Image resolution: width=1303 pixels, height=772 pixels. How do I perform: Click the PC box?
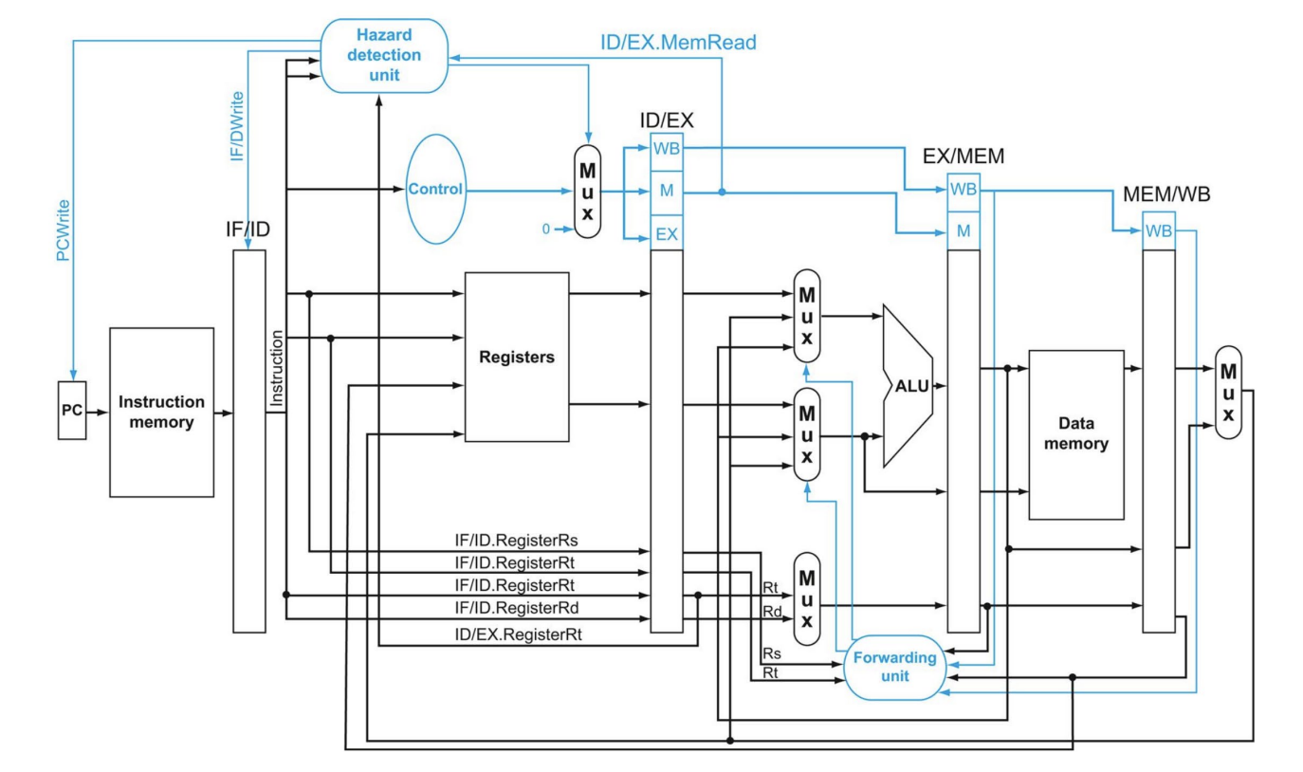[x=72, y=410]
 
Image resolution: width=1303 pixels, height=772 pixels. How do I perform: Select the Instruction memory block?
[x=162, y=412]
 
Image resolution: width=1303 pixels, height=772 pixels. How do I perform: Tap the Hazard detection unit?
[x=384, y=55]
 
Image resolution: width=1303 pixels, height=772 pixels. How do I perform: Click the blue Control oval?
[x=435, y=189]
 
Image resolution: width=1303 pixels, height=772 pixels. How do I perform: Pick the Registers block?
[x=517, y=357]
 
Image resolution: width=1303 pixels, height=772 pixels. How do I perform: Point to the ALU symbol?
[x=908, y=386]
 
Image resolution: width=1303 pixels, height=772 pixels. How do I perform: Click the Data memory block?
[x=1076, y=434]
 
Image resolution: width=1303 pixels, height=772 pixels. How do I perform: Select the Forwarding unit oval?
[x=894, y=668]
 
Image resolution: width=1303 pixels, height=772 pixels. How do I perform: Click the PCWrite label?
[x=63, y=230]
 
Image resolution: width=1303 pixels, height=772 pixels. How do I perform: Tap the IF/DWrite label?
[x=237, y=125]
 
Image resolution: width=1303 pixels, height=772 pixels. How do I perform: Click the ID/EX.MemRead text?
[x=678, y=43]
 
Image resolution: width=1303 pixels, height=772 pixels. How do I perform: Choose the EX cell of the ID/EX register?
[x=667, y=234]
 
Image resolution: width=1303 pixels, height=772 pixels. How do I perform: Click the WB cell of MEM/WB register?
[x=1159, y=231]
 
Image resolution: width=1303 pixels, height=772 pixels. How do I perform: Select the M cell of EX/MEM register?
[x=963, y=231]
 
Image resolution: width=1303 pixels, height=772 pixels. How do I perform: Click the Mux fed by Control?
[x=588, y=192]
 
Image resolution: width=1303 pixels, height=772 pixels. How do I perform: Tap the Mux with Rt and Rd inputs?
[x=807, y=599]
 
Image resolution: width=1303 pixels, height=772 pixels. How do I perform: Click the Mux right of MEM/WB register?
[x=1228, y=393]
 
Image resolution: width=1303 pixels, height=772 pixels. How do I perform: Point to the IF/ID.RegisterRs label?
[x=516, y=541]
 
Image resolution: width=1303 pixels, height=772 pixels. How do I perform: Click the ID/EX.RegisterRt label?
[x=518, y=634]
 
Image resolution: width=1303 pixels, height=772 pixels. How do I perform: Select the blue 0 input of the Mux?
[x=545, y=230]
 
